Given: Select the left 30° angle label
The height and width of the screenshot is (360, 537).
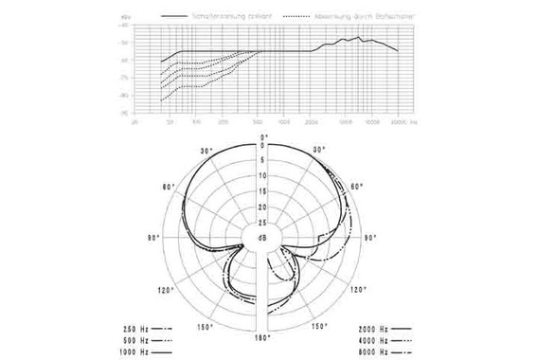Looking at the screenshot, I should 207,151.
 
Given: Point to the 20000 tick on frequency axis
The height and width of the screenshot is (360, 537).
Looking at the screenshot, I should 399,122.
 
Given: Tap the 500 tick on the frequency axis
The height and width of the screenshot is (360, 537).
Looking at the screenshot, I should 259,122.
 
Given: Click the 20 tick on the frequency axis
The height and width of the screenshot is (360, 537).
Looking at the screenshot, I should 134,122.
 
